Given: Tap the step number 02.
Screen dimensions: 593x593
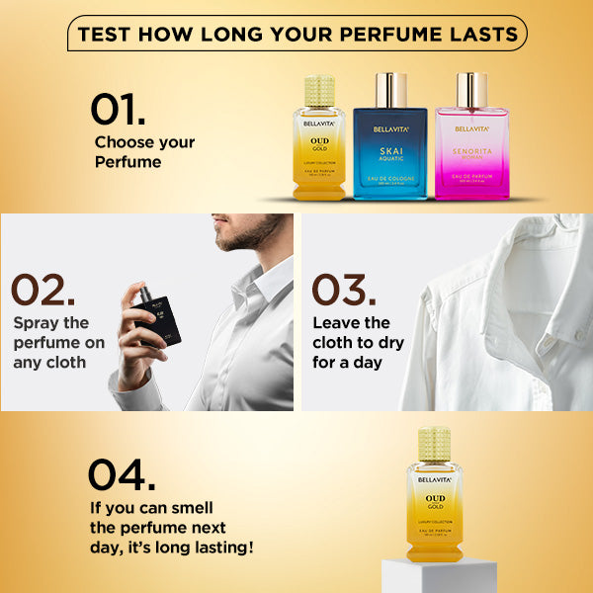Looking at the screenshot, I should click(x=42, y=291).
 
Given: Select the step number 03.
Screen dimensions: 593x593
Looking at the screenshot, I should click(x=344, y=291).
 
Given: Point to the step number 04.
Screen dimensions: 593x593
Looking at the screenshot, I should click(x=121, y=474).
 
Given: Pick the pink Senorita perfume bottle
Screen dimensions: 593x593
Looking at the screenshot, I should click(x=471, y=148).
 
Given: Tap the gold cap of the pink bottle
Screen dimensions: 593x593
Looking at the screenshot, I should click(x=471, y=90).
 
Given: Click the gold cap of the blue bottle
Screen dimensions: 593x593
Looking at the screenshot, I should click(x=389, y=90).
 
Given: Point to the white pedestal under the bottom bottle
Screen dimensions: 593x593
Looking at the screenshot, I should click(x=439, y=575).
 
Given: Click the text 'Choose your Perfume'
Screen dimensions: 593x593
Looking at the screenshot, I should click(x=144, y=151).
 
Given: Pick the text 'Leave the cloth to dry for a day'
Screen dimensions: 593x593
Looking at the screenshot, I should click(x=353, y=342).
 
